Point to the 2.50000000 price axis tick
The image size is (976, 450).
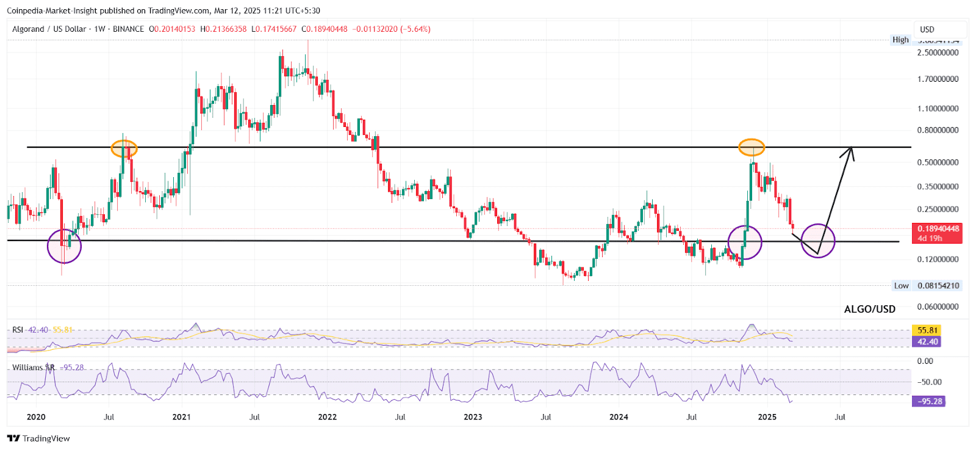coord(938,53)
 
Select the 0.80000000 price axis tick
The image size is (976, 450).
coord(938,130)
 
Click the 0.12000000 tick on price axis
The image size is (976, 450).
coord(938,259)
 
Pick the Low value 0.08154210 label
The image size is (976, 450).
coord(938,286)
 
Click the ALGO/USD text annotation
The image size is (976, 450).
coord(869,309)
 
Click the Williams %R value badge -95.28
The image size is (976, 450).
coord(928,401)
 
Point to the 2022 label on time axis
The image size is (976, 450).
coord(327,417)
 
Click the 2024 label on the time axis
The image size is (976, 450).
coord(619,417)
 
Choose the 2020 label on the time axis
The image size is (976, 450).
coord(36,417)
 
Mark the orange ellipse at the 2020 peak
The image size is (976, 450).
coord(124,148)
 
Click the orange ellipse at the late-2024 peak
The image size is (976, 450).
coord(752,147)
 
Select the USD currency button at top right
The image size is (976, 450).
coord(927,29)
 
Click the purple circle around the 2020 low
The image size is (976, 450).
coord(64,246)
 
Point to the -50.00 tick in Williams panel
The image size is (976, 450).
coord(931,382)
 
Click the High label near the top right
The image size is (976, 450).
coord(900,40)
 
